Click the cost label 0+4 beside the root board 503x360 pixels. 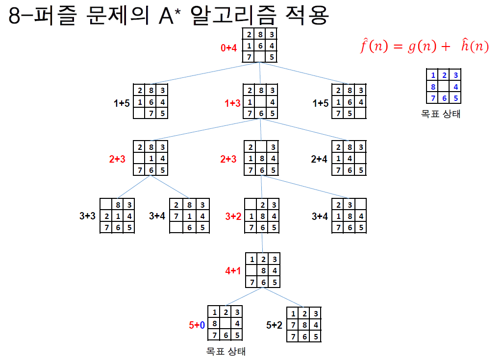click(229, 48)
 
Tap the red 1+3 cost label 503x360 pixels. click(233, 103)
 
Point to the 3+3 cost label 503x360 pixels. click(88, 216)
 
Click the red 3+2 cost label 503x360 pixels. click(233, 216)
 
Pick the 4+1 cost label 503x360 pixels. click(233, 270)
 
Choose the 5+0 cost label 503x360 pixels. click(197, 324)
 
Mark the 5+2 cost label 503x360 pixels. click(274, 324)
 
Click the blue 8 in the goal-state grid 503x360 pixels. click(433, 87)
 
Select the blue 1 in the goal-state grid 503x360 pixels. click(433, 75)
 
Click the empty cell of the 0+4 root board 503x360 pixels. click(260, 57)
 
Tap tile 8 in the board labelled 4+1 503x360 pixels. click(263, 270)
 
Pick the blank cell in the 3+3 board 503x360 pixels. click(105, 204)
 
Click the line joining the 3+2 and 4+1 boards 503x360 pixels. click(262, 242)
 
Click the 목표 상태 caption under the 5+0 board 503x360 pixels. click(226, 351)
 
